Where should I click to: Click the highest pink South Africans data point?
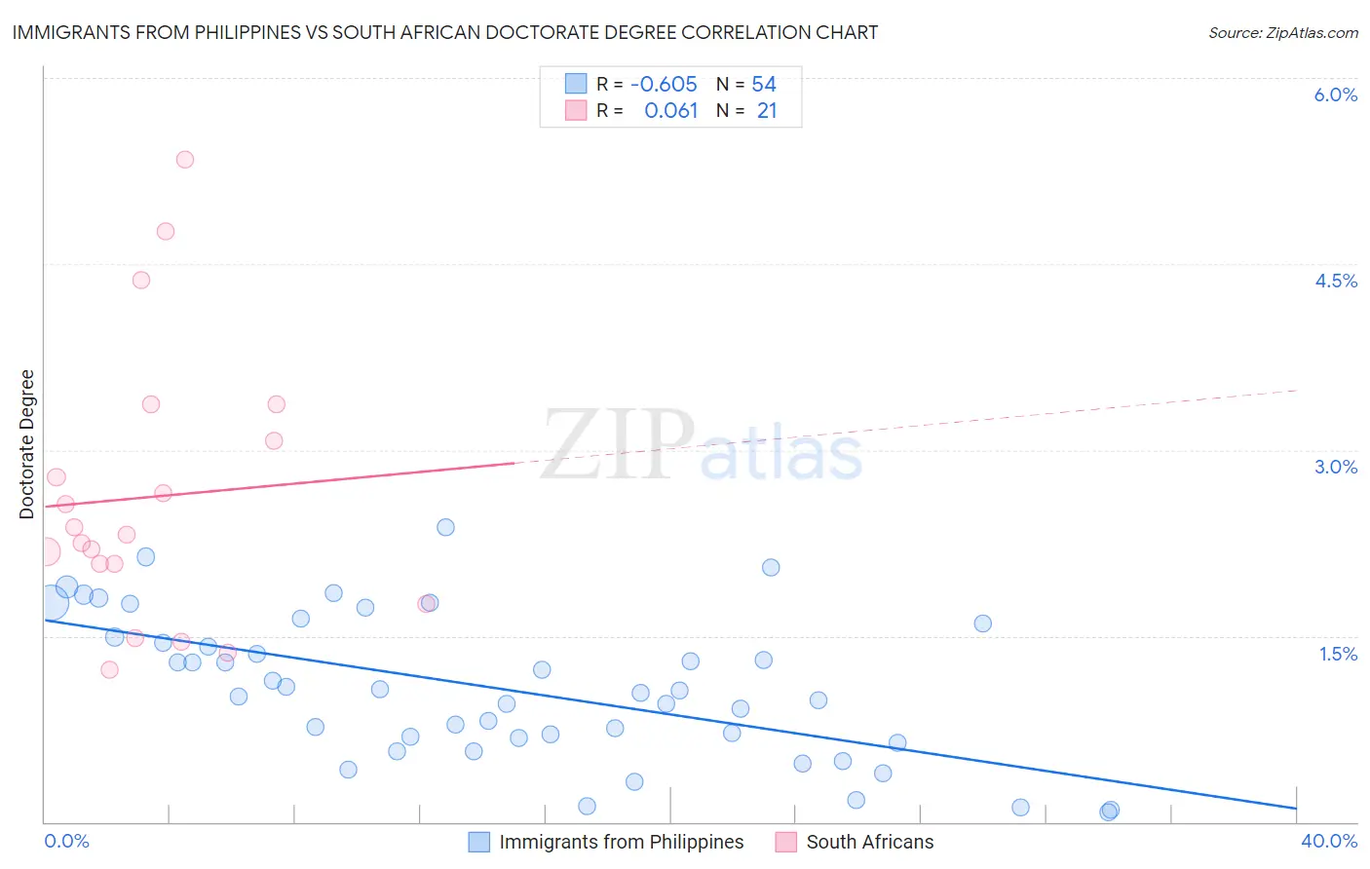pyautogui.click(x=185, y=160)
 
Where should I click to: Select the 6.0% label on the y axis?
pyautogui.click(x=1335, y=94)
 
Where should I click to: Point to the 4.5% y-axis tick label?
pyautogui.click(x=1336, y=281)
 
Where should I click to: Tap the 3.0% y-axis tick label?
pyautogui.click(x=1336, y=467)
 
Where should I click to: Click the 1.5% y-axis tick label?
pyautogui.click(x=1338, y=654)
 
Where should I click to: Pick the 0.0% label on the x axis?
pyautogui.click(x=67, y=841)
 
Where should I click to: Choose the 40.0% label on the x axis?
pyautogui.click(x=1329, y=841)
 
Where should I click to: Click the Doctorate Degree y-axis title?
pyautogui.click(x=27, y=444)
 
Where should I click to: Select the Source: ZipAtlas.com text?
pyautogui.click(x=1282, y=33)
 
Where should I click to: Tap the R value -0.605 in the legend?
pyautogui.click(x=664, y=85)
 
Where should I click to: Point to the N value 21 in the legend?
pyautogui.click(x=767, y=111)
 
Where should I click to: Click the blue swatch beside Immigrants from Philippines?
pyautogui.click(x=478, y=842)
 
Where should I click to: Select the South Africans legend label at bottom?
pyautogui.click(x=869, y=842)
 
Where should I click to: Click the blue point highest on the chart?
pyautogui.click(x=445, y=527)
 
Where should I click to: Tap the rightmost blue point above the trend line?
pyautogui.click(x=982, y=623)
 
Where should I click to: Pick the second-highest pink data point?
pyautogui.click(x=166, y=232)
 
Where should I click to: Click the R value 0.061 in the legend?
pyautogui.click(x=670, y=111)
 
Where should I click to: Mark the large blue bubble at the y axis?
pyautogui.click(x=52, y=603)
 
